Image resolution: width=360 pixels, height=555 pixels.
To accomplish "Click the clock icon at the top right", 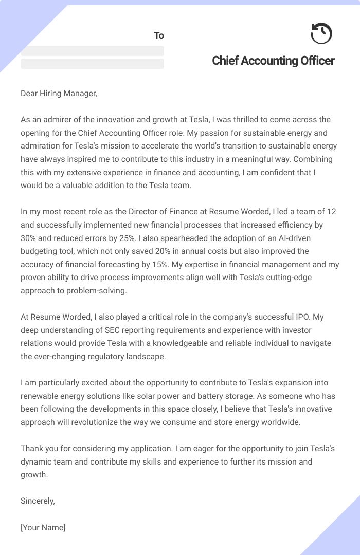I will pyautogui.click(x=321, y=34).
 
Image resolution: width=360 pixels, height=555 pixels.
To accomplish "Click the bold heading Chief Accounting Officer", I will pyautogui.click(x=273, y=61).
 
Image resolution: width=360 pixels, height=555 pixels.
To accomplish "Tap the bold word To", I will pyautogui.click(x=159, y=35).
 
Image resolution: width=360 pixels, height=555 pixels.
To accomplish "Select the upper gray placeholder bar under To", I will pyautogui.click(x=92, y=51).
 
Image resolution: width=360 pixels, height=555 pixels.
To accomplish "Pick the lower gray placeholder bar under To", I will pyautogui.click(x=92, y=64).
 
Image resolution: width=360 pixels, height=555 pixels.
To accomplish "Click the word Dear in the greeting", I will pyautogui.click(x=30, y=93).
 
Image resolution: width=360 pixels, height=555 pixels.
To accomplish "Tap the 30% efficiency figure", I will pyautogui.click(x=29, y=238).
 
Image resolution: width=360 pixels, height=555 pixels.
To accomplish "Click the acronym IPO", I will pyautogui.click(x=302, y=317).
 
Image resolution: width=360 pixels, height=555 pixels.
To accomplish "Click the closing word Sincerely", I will pyautogui.click(x=38, y=501).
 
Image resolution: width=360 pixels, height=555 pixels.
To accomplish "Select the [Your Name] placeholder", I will pyautogui.click(x=43, y=527).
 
